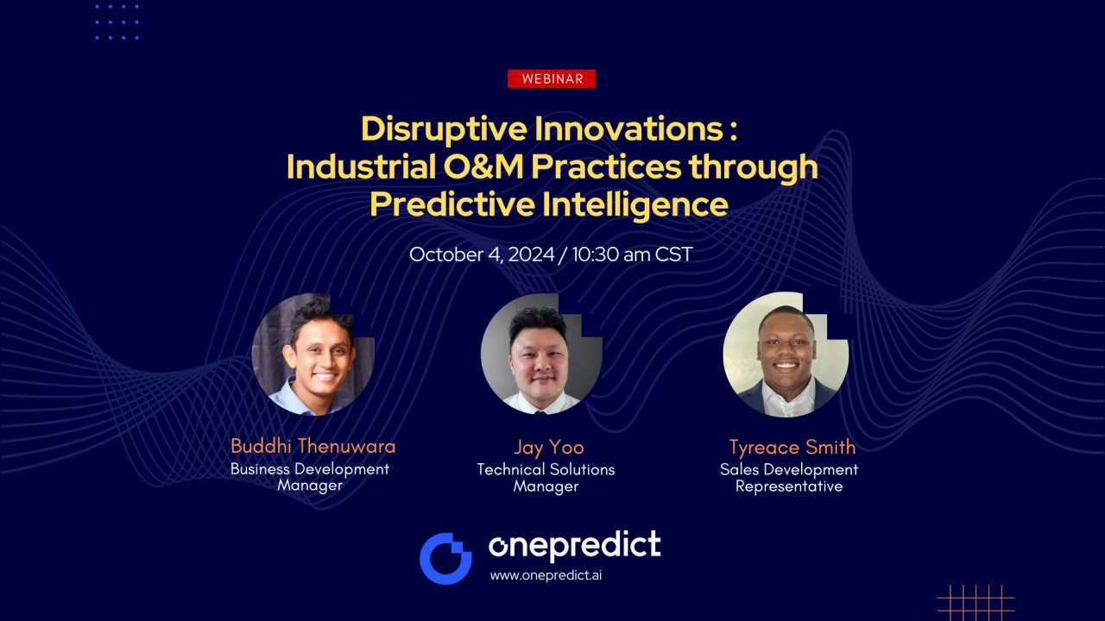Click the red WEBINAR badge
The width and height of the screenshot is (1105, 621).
point(552,78)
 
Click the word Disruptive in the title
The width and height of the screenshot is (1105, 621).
point(444,129)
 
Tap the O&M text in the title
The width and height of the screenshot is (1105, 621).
point(483,166)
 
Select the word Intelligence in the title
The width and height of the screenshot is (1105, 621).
point(635,205)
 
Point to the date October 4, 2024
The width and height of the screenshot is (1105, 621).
point(482,254)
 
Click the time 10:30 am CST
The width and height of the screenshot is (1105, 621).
point(633,254)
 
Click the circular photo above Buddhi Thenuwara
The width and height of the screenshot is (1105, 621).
point(313,354)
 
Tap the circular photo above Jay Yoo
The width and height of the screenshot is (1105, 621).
point(541,354)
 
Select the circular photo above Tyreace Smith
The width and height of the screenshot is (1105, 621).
point(786,354)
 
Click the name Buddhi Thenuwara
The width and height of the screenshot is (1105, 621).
point(313,447)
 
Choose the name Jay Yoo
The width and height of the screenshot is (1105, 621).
point(549,448)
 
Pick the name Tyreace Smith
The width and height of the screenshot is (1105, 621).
point(792,448)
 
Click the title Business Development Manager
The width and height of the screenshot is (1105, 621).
point(310,477)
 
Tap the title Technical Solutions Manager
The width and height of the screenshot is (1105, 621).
point(546,478)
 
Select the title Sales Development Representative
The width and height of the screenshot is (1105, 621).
point(789,478)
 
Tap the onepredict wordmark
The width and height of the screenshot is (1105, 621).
point(575,546)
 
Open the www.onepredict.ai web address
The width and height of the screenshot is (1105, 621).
point(546,575)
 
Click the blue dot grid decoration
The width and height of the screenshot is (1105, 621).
point(117,22)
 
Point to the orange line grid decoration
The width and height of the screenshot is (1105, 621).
point(976,603)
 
